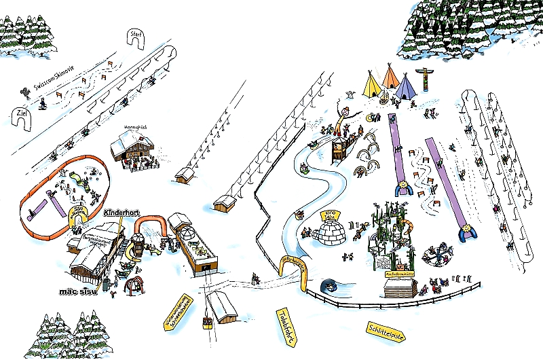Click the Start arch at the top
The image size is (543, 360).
138,39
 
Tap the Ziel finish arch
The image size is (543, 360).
22,118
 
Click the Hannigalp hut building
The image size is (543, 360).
133,145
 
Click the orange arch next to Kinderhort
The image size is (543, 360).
152,225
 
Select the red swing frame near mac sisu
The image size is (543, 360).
134,282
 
